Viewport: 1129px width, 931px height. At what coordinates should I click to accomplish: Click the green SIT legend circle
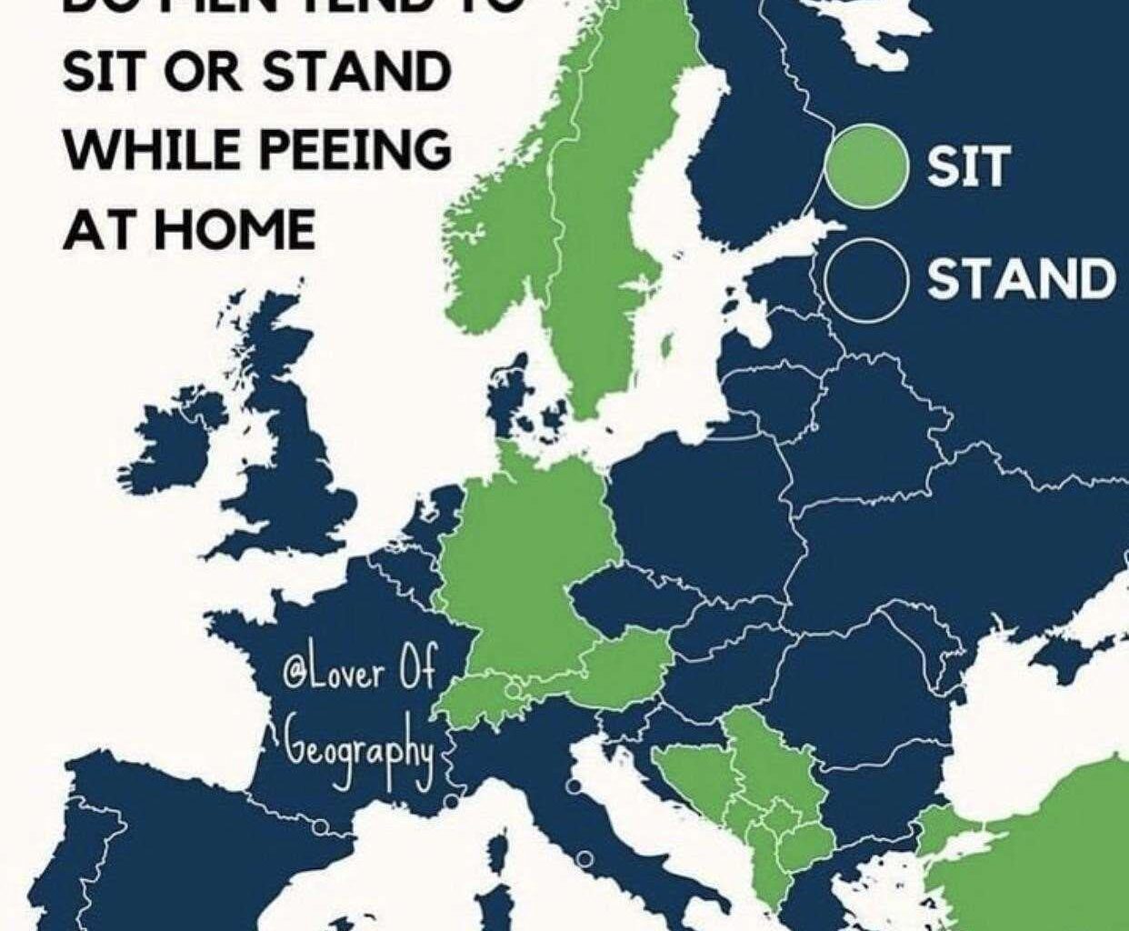point(868,166)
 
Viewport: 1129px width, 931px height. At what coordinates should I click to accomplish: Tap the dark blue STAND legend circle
point(868,279)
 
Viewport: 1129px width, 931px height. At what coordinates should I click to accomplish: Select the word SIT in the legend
point(966,166)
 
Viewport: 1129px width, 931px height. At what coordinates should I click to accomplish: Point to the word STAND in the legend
point(1021,278)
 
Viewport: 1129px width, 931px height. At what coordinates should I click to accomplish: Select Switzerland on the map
point(477,697)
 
